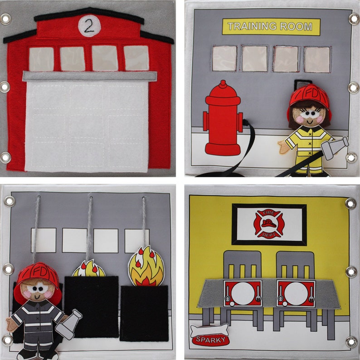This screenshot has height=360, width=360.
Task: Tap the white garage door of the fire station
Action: tap(87, 127)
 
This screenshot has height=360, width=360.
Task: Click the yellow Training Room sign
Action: tap(271, 26)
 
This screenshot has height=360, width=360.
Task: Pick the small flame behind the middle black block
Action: tap(89, 269)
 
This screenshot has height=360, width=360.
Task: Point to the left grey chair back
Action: tap(242, 265)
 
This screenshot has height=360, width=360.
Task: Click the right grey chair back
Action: tap(295, 265)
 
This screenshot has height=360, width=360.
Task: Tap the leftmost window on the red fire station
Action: tap(41, 59)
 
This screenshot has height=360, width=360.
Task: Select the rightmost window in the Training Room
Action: tap(317, 59)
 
